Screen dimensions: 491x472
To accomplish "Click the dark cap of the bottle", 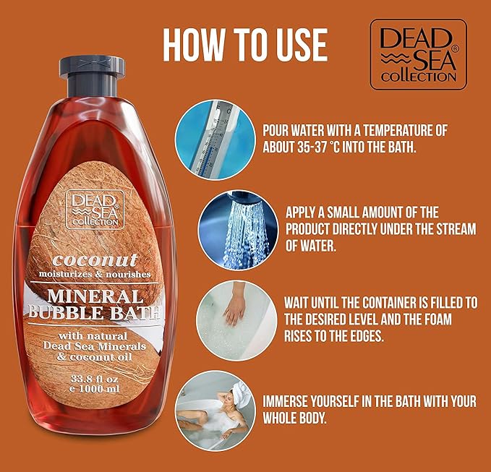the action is click(92, 76).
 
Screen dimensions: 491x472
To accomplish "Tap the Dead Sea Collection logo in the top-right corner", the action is click(419, 54).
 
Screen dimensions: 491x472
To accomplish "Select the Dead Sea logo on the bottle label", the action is click(95, 210).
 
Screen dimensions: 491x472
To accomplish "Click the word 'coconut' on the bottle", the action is click(95, 260).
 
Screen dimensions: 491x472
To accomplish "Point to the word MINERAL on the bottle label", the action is click(95, 296).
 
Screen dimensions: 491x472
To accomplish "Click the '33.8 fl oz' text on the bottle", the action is click(94, 379).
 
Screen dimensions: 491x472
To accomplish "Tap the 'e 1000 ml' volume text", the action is click(94, 389).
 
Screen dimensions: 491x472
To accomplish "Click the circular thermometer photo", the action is click(215, 140).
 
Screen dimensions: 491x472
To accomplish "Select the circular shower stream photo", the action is click(238, 231).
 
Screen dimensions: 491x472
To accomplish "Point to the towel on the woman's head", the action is click(241, 395).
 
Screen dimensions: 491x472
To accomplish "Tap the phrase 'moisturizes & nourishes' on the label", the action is click(95, 274).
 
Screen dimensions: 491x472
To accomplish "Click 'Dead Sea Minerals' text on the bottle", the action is click(94, 346).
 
